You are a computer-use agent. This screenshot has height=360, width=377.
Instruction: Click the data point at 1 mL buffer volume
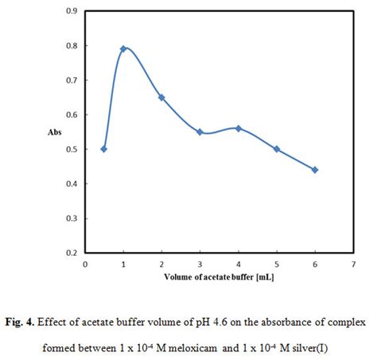[x=123, y=49]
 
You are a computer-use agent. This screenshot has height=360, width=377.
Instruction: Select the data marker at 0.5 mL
[x=104, y=149]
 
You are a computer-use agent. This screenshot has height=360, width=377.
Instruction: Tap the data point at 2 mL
[x=161, y=97]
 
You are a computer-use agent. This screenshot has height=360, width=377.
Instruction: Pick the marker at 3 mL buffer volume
[x=200, y=132]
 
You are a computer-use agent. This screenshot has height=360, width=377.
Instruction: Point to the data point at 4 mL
[x=238, y=128]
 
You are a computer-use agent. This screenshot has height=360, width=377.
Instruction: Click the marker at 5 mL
[x=277, y=149]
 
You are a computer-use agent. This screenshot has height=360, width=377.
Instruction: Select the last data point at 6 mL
[x=315, y=169]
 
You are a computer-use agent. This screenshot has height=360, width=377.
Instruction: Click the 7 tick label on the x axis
[x=353, y=265]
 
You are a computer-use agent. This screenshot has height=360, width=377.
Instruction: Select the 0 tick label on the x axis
[x=85, y=265]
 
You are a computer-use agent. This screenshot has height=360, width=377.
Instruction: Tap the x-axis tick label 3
[x=200, y=265]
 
